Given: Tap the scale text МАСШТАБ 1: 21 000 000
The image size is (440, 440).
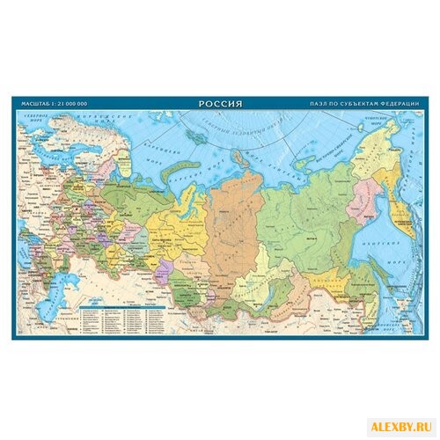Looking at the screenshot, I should pyautogui.click(x=55, y=106).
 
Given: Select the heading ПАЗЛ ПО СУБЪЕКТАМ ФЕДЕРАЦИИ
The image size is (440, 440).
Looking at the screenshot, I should pyautogui.click(x=365, y=105).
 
